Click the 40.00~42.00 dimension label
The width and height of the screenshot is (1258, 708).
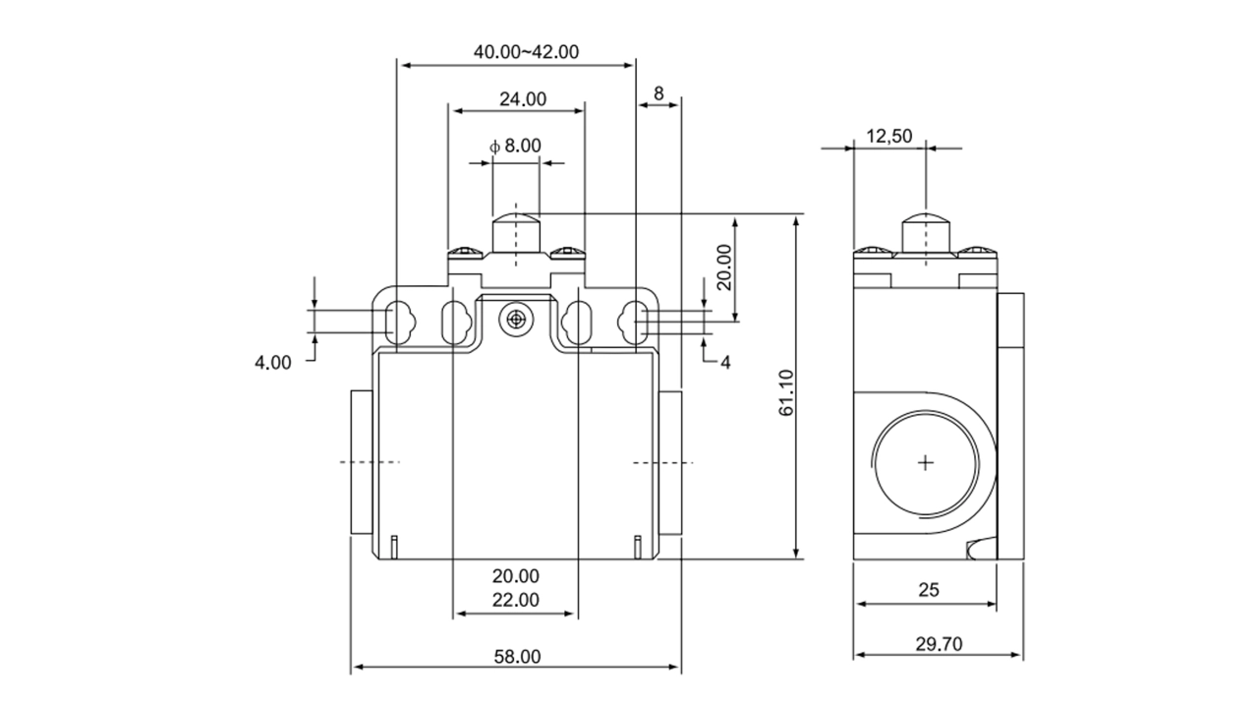(526, 52)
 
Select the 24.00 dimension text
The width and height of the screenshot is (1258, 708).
(523, 98)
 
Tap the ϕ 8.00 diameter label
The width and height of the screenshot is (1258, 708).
(515, 146)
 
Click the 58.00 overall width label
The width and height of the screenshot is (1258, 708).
(517, 656)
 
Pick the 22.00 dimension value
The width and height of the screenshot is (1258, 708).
(516, 600)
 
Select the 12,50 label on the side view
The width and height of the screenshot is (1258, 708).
(889, 137)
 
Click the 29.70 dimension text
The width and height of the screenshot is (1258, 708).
(939, 644)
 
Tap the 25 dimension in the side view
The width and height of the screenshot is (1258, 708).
(929, 590)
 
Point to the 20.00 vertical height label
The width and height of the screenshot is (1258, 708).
(723, 266)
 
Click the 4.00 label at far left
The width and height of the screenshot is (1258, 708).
(273, 362)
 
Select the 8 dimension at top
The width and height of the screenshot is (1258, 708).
(658, 94)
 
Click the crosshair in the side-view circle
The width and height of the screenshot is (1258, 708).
(926, 462)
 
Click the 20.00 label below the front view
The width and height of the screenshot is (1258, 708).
(516, 575)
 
